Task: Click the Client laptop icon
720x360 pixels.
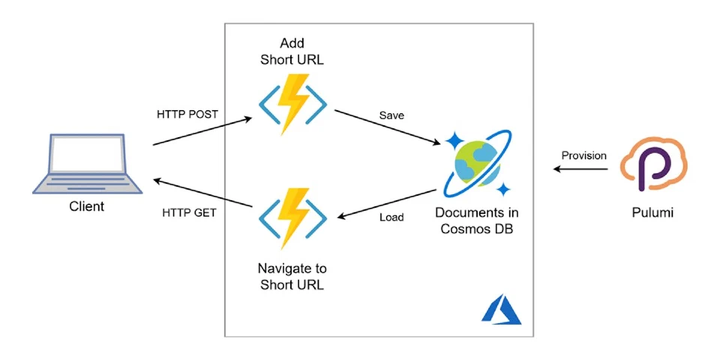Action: (x=87, y=164)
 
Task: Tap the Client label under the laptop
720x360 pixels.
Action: (x=87, y=206)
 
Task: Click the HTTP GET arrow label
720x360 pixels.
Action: (x=189, y=213)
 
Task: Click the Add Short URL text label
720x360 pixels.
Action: (x=292, y=52)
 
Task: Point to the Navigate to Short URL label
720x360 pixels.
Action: (x=292, y=276)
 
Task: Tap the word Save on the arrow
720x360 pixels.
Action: (x=391, y=115)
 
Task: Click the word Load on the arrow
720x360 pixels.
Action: (x=391, y=217)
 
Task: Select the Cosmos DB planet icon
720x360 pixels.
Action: (x=478, y=163)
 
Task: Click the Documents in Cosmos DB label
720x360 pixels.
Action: (x=477, y=220)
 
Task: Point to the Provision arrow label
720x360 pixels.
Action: (x=584, y=156)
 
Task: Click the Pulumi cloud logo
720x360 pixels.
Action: (x=653, y=164)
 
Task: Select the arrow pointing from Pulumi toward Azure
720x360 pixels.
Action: (x=580, y=169)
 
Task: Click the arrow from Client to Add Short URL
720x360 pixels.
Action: (x=202, y=131)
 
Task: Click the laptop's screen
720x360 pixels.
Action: (x=87, y=154)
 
